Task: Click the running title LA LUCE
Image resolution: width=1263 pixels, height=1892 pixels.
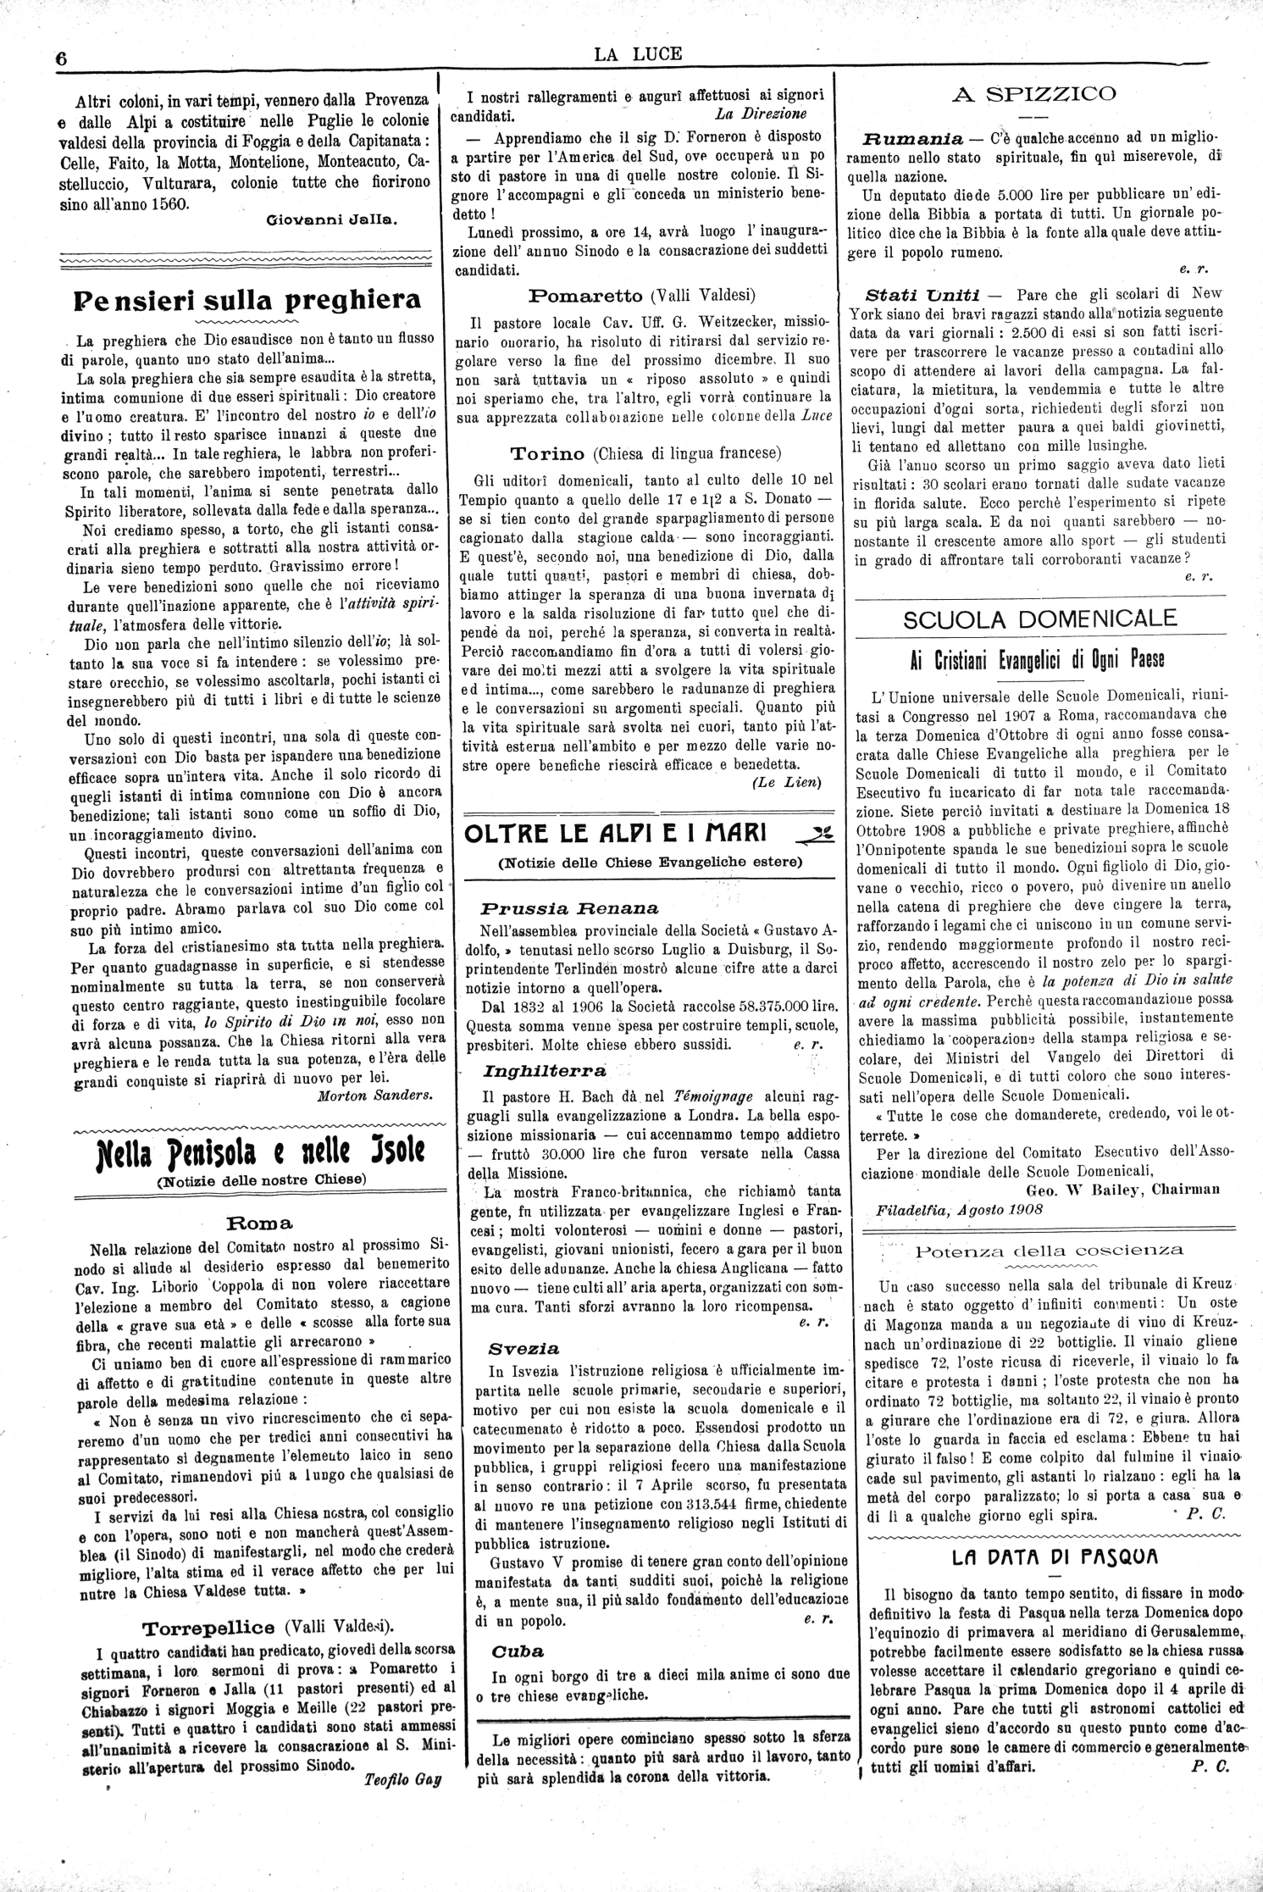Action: point(638,55)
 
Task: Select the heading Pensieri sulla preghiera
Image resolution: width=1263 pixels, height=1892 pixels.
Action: point(247,300)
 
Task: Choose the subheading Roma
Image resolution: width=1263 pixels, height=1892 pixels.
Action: point(259,1223)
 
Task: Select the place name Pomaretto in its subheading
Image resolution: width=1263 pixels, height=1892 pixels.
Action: point(586,296)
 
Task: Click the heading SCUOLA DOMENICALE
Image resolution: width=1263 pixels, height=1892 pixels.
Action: point(1040,619)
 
